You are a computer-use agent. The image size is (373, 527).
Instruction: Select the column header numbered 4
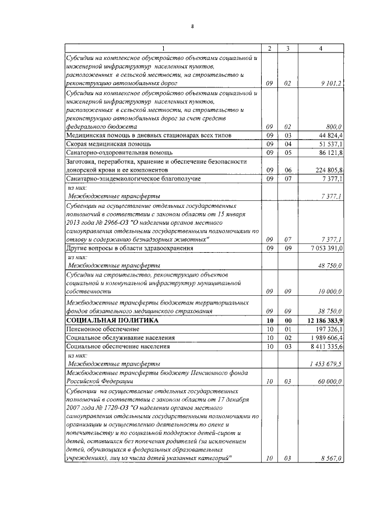pyautogui.click(x=321, y=48)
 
